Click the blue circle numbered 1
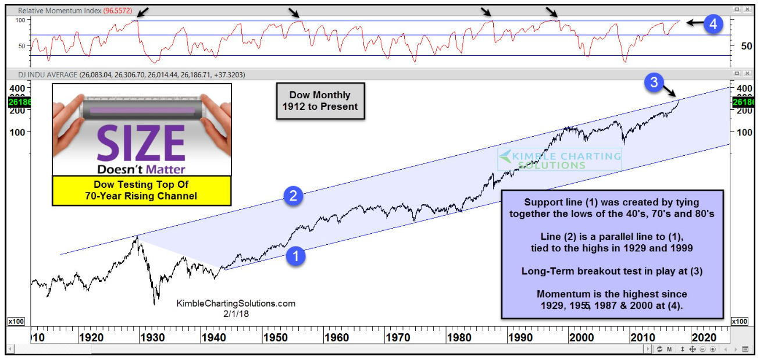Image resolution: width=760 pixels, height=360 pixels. [x=296, y=255]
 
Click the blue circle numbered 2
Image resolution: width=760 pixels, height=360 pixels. [x=294, y=196]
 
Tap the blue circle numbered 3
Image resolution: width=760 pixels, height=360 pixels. [x=654, y=83]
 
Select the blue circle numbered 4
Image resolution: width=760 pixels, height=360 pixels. [x=713, y=23]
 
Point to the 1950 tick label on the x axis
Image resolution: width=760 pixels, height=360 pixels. [x=275, y=337]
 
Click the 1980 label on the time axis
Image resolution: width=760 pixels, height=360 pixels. [x=459, y=337]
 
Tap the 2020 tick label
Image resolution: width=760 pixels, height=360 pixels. [x=704, y=337]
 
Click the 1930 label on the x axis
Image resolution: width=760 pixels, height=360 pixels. [x=152, y=337]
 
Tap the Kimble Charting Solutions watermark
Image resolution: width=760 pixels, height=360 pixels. [x=559, y=159]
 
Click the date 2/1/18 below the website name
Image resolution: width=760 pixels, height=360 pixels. [x=236, y=313]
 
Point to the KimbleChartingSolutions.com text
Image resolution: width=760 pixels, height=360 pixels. [x=236, y=303]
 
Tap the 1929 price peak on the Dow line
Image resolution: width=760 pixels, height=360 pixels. [x=137, y=236]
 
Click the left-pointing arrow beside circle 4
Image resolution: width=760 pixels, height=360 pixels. [x=694, y=23]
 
